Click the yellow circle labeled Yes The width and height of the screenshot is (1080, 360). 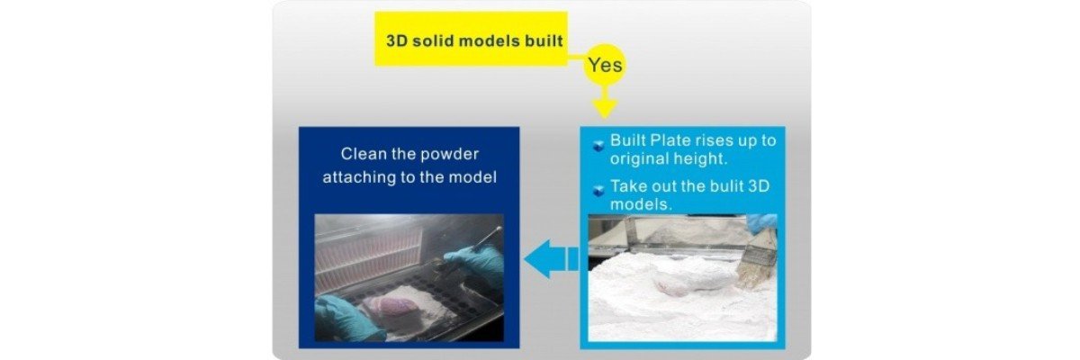point(604,65)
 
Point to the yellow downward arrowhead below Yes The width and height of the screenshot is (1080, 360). point(604,107)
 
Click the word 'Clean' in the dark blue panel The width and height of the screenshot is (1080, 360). point(364,155)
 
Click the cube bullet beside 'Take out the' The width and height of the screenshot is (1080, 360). point(598,190)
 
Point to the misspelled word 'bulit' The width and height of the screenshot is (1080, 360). point(730,186)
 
